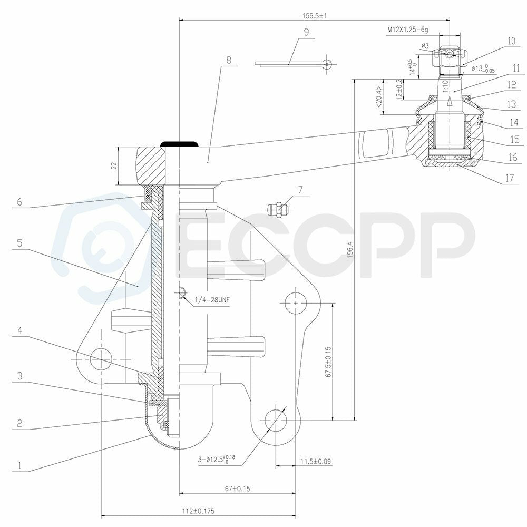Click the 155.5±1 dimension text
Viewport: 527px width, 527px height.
(315, 15)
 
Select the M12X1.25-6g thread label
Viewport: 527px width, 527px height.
(408, 30)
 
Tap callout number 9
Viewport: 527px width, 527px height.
(306, 32)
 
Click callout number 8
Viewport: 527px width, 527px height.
(229, 60)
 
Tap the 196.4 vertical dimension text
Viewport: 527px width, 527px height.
(350, 250)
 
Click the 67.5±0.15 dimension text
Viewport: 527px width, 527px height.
(329, 362)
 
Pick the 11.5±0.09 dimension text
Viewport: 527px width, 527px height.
(316, 461)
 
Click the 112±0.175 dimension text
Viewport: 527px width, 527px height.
(198, 511)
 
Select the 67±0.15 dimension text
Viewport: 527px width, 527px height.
(237, 489)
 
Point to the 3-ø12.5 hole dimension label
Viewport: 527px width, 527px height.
(217, 459)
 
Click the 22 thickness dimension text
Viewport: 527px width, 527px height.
(114, 165)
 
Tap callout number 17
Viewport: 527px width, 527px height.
(510, 178)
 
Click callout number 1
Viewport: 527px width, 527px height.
(19, 465)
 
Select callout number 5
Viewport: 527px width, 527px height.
(19, 242)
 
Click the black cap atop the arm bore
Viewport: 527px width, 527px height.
(180, 144)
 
